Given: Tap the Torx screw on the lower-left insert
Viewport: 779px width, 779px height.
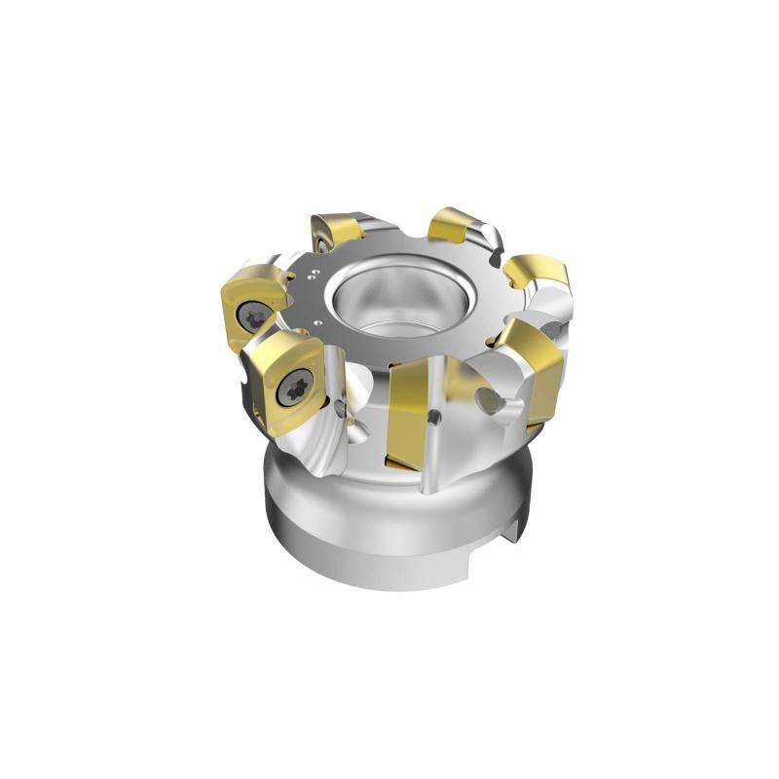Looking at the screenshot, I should [293, 391].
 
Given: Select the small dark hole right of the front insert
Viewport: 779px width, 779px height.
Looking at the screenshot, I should [435, 416].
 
